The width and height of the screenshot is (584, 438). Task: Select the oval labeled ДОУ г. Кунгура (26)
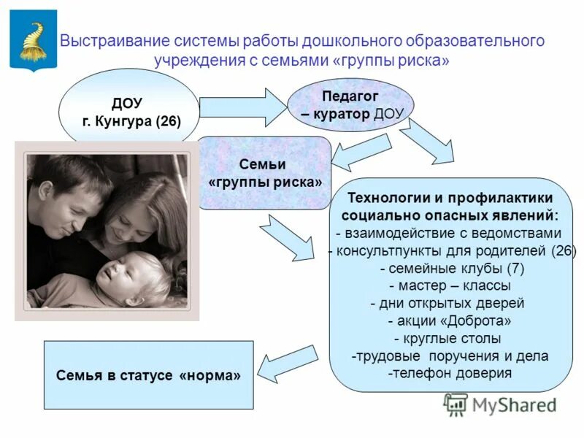click(x=128, y=109)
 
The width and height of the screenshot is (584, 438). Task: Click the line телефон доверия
click(x=450, y=373)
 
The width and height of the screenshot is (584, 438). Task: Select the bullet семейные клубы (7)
click(x=452, y=269)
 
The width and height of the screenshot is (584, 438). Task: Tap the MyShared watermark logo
click(x=501, y=404)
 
